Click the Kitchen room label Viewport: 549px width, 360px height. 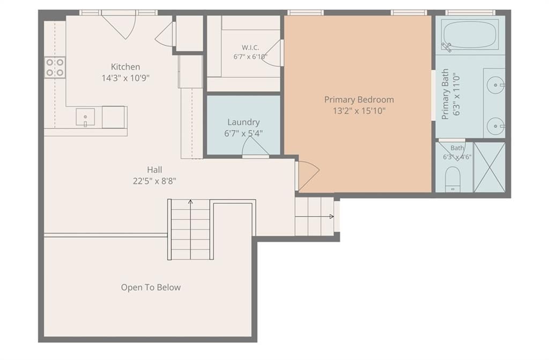coord(125,67)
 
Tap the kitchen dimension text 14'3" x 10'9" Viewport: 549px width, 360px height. coord(125,78)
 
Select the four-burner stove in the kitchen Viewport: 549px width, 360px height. coord(55,67)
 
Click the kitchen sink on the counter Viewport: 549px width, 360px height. coord(85,117)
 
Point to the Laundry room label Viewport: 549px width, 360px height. coord(244,122)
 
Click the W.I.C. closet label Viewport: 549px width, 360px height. coord(250,47)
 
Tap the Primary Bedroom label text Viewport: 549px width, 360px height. coord(359,100)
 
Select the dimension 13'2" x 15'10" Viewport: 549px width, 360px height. coord(359,111)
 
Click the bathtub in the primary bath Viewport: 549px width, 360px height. coord(470,35)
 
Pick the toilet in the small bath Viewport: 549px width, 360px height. coord(453,179)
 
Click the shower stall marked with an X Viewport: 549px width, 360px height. coord(489,167)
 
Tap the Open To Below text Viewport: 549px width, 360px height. coord(151,288)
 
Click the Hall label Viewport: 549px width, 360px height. coord(154,170)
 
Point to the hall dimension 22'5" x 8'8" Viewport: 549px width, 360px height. coord(154,181)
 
